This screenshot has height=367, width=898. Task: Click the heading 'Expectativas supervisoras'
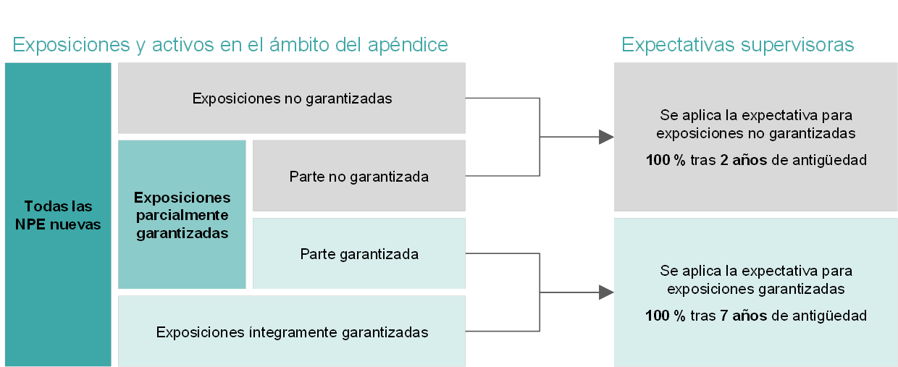coord(738,44)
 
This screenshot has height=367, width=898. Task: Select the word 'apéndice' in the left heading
coord(408,44)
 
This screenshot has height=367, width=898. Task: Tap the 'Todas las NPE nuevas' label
coord(58,215)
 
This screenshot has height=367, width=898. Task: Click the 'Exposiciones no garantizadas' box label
coord(292,98)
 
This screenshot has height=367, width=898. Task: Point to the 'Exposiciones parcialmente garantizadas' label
coord(182,215)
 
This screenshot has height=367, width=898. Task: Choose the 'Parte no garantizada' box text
coord(358,177)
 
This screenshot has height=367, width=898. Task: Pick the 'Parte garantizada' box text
coord(359,254)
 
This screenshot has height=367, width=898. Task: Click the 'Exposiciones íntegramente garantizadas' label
coord(292,332)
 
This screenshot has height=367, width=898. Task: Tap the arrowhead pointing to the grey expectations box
coord(606,137)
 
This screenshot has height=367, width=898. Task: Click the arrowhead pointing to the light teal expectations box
coord(606,292)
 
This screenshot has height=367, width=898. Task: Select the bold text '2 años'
coord(743,160)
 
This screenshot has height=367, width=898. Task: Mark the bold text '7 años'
coord(743,316)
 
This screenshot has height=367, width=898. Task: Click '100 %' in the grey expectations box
coord(666,160)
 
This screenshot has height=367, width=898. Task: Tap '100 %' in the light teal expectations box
coord(666,316)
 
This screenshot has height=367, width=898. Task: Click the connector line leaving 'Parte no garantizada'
coord(503,175)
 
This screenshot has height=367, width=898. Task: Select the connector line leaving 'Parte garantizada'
coord(503,253)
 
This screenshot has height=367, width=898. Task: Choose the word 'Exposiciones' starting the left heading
coord(71,44)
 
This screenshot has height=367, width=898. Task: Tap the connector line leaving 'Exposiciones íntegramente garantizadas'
coord(503,331)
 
